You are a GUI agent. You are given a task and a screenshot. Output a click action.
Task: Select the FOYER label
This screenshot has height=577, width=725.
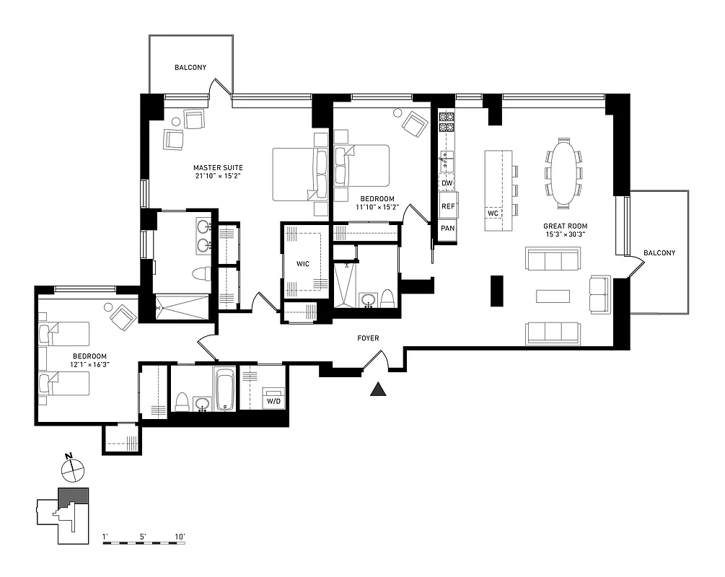click(x=367, y=338)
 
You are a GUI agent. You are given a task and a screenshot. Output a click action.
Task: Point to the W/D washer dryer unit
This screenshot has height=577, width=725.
click(x=273, y=400)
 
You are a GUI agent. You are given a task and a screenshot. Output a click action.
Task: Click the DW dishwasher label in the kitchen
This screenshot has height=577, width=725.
click(x=447, y=183)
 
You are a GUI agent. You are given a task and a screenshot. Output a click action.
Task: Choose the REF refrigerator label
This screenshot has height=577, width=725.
click(x=448, y=206)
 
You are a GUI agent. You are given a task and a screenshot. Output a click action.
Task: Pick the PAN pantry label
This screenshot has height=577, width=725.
click(x=447, y=228)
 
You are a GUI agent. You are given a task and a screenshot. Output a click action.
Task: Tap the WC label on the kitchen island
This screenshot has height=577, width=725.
click(x=493, y=213)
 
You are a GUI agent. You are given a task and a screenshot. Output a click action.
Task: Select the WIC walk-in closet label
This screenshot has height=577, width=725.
click(x=303, y=264)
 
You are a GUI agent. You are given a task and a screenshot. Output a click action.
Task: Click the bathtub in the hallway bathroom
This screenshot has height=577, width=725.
click(x=225, y=389)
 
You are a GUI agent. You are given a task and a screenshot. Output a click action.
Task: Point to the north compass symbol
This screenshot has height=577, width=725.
click(x=73, y=470)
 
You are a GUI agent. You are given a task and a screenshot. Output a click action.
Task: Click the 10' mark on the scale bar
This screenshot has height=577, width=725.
click(x=180, y=537)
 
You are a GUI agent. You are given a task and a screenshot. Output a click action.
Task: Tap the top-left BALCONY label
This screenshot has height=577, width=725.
click(x=190, y=68)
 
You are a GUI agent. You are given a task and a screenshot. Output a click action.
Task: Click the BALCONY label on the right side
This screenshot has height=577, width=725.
click(x=659, y=252)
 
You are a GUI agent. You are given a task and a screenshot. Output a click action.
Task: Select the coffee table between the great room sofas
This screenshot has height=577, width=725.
click(x=553, y=296)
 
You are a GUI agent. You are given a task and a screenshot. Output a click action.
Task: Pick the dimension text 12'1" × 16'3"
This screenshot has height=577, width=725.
click(x=89, y=365)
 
